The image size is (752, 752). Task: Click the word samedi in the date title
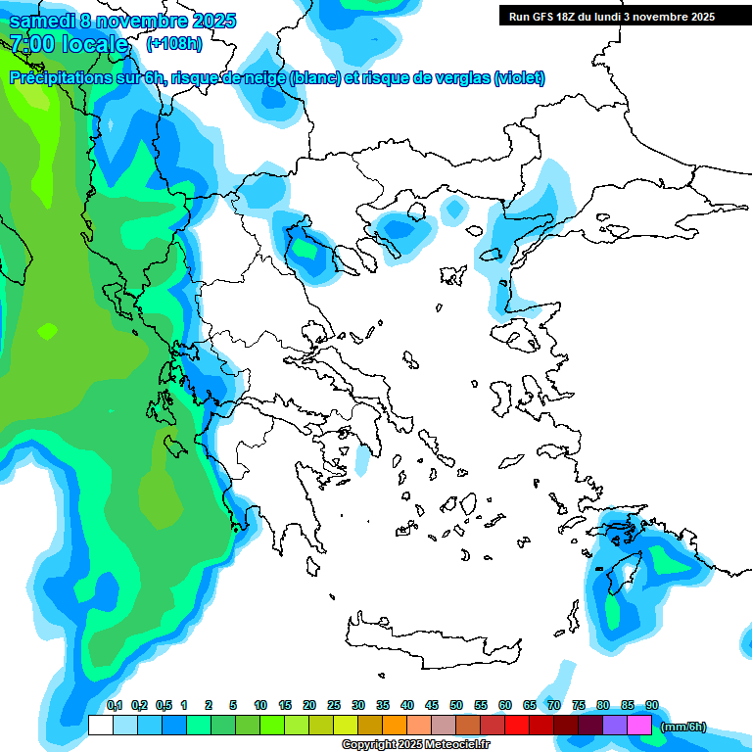[42, 21]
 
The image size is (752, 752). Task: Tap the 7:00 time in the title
[31, 44]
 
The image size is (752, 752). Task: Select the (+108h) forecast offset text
[174, 44]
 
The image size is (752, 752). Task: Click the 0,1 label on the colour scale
[115, 705]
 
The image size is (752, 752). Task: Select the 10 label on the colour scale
[260, 705]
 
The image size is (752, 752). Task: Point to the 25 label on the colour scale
[334, 705]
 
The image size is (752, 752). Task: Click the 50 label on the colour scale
[456, 705]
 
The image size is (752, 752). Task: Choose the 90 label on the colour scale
[652, 705]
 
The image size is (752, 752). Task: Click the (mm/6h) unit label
[682, 727]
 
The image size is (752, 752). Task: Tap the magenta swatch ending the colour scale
[639, 725]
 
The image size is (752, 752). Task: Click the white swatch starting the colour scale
[100, 725]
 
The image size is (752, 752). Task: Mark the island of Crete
[431, 636]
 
